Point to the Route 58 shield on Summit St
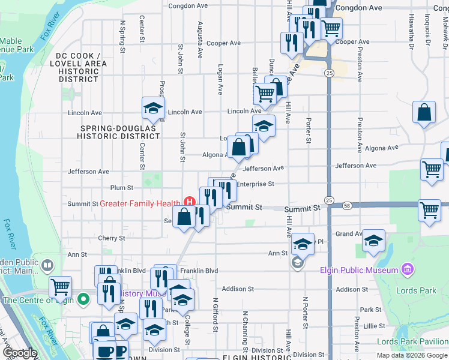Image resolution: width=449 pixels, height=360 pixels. pos(349,205)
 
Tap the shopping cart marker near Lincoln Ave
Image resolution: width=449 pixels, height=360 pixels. pos(264,94)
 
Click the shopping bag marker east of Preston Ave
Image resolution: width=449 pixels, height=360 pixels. pos(424,112)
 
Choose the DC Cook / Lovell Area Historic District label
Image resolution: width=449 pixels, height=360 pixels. pos(79,67)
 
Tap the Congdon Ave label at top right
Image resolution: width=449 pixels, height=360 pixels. pos(358,8)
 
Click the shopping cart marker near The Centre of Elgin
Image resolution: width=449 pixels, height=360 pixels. pos(61,287)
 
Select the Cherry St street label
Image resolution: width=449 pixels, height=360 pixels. pos(111,238)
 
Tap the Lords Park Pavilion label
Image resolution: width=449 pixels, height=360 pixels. pos(412,341)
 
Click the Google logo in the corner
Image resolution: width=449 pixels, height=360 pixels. pos(19,353)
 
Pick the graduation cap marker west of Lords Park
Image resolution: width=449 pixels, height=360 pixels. pos(374,241)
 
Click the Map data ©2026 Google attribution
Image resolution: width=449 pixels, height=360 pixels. pos(411,355)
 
